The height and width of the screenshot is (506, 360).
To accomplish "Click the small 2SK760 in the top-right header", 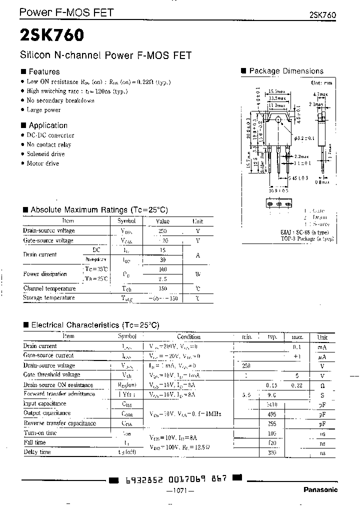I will [x=319, y=15].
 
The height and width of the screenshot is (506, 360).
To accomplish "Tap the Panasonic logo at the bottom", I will [x=320, y=490].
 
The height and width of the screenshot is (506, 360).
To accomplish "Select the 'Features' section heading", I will [x=43, y=71].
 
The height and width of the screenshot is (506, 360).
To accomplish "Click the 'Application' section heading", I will [x=47, y=125].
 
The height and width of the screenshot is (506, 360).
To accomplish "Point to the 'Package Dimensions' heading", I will [x=286, y=71].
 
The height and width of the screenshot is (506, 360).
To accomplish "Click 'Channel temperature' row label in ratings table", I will [x=49, y=288].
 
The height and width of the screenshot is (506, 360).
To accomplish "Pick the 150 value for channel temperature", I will [x=162, y=289].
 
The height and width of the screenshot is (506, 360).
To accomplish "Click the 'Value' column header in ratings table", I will [x=162, y=221].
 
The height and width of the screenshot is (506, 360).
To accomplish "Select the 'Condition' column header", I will [x=188, y=337].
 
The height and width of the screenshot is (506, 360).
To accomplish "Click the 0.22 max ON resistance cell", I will [x=297, y=385].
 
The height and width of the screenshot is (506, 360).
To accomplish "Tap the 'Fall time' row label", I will [x=34, y=442].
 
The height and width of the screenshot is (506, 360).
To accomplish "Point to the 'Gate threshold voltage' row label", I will [x=51, y=375].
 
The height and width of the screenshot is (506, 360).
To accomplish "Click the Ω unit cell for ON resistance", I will [x=322, y=385].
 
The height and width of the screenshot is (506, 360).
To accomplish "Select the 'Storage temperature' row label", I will [x=49, y=298].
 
